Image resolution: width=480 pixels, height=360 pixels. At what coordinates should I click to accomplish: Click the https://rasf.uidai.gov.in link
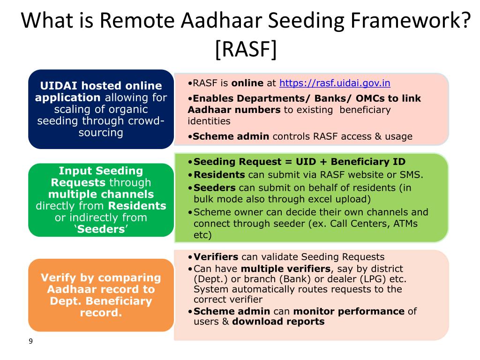[x=335, y=83]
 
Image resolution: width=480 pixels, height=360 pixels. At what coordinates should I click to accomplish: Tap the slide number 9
[x=31, y=341]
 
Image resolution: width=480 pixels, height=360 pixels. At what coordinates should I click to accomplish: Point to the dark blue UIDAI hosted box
[x=101, y=109]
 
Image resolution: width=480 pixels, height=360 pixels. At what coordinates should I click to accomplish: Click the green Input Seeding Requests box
[x=101, y=200]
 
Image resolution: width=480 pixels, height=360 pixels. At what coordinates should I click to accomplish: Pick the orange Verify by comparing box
[x=101, y=295]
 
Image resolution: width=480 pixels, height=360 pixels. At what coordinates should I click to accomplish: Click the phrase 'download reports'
[x=278, y=322]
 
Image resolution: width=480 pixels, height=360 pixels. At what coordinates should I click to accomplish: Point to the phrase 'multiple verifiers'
[x=286, y=269]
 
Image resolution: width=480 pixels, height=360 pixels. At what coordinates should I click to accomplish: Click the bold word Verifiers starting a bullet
[x=216, y=257]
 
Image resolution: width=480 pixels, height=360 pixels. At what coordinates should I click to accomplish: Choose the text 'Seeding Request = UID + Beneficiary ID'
[x=299, y=162]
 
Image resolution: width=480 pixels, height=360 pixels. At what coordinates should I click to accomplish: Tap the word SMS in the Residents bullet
[x=412, y=175]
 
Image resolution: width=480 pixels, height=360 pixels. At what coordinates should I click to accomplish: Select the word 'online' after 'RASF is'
[x=247, y=83]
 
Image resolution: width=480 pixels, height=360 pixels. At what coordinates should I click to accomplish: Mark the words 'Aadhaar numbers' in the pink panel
[x=234, y=110]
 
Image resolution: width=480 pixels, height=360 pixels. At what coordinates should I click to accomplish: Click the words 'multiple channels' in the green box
[x=101, y=195]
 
